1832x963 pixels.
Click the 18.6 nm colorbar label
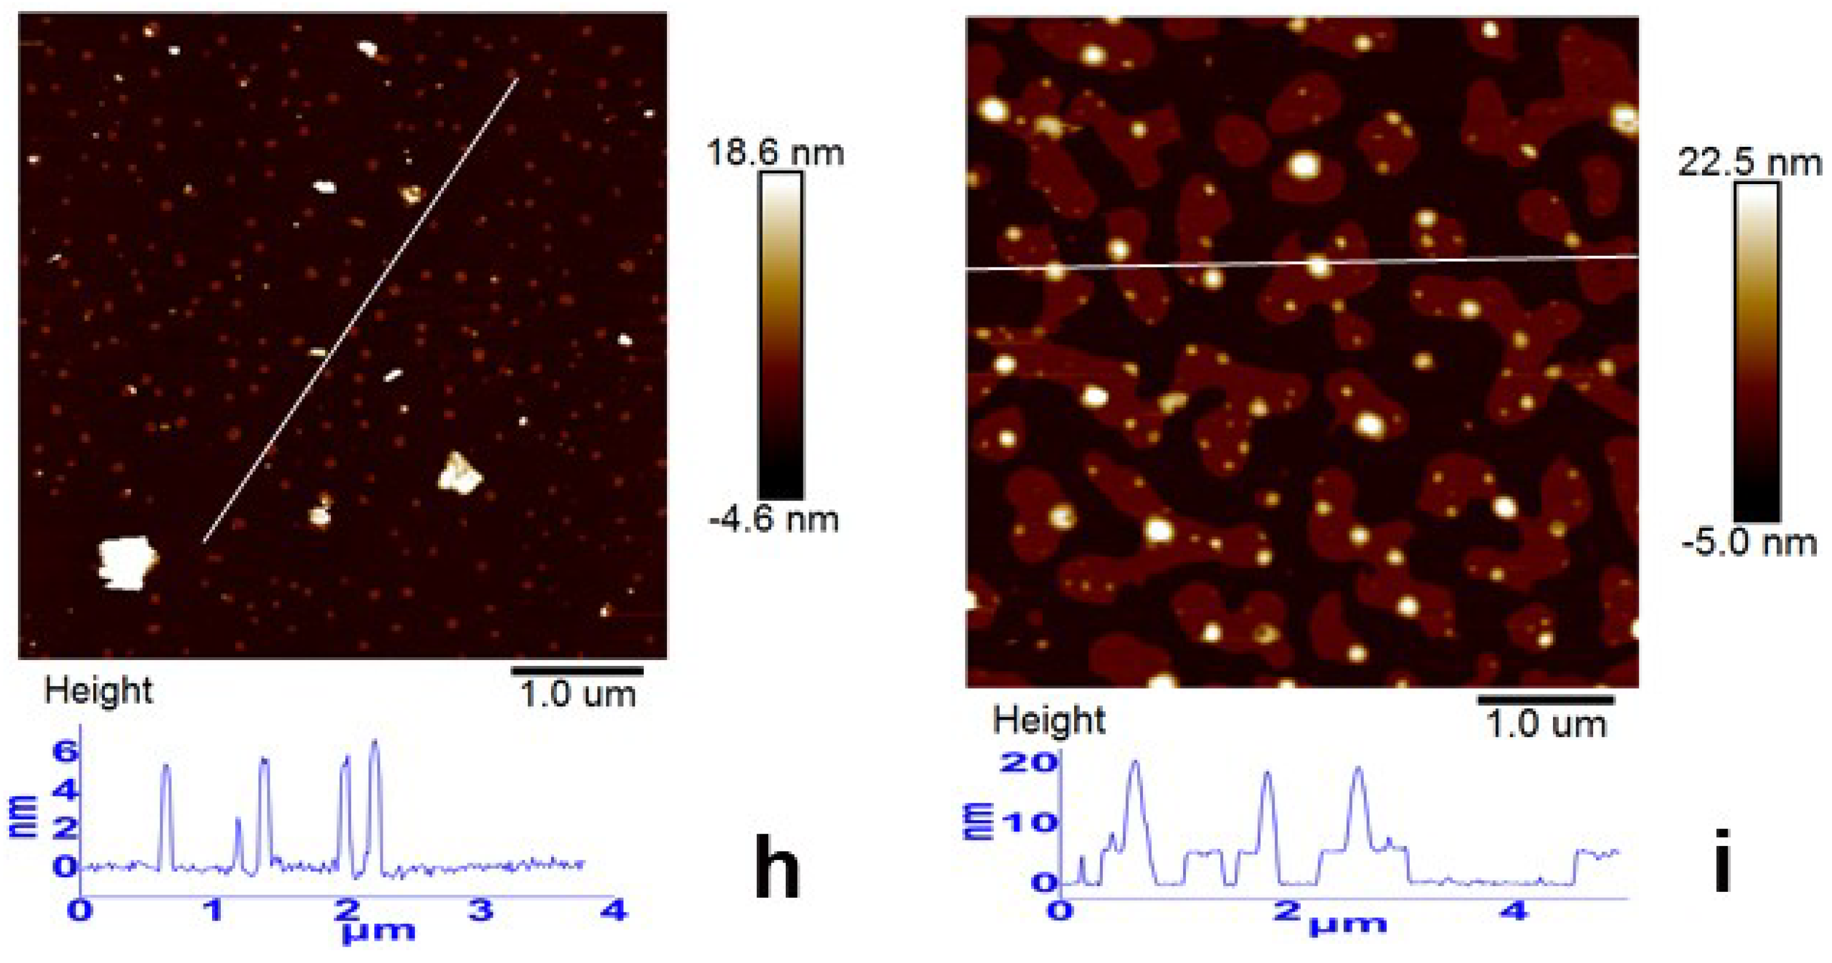coord(775,152)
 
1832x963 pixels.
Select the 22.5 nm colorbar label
coord(1749,164)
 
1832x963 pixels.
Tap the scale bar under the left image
coord(577,670)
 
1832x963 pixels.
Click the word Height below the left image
coord(98,690)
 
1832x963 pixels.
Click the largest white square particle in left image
coord(126,563)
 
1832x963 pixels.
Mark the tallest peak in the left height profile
coord(375,743)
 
